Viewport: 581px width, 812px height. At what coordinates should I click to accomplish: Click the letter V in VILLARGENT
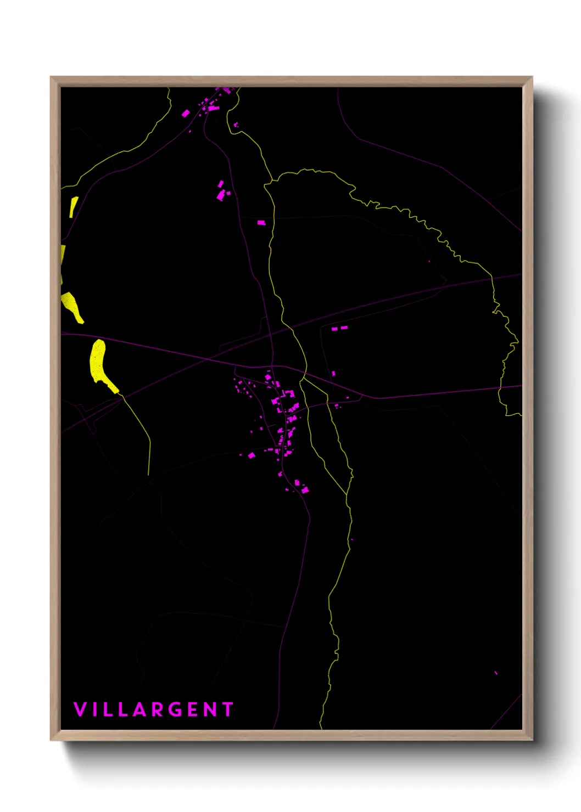(80, 709)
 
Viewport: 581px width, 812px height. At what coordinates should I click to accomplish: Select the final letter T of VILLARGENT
(228, 709)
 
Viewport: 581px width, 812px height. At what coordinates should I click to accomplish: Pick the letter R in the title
(158, 709)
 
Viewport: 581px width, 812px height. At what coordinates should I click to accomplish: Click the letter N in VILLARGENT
(210, 709)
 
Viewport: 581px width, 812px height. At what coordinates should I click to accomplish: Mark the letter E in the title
(193, 709)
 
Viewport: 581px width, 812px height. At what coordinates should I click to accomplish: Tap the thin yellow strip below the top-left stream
(73, 207)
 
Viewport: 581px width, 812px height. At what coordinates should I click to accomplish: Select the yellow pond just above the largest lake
(72, 306)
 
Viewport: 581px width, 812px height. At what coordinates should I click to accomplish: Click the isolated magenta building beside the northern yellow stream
(261, 222)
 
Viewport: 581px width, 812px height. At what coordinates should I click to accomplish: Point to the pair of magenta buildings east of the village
(339, 328)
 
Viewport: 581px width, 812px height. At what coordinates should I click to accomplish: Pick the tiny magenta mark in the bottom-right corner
(496, 673)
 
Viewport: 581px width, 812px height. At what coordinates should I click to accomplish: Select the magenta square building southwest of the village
(252, 455)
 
